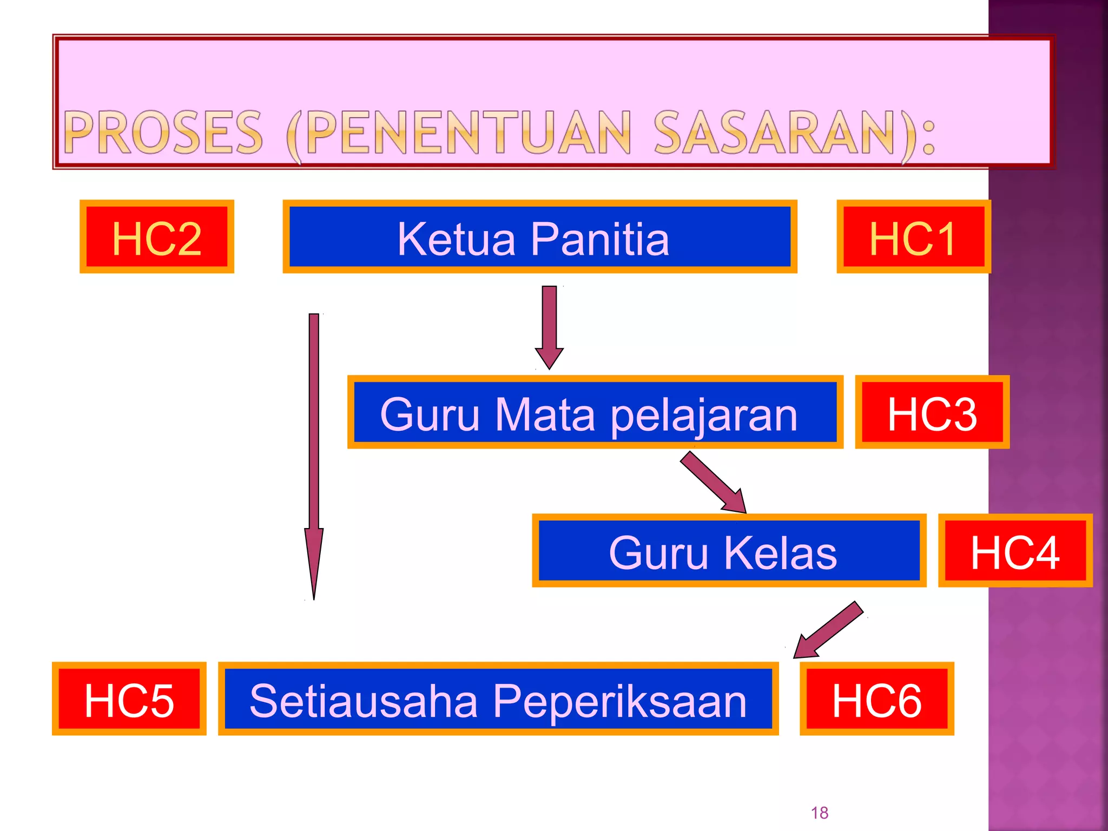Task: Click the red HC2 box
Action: [x=157, y=237]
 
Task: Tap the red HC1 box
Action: [x=913, y=237]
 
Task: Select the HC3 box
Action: [x=932, y=412]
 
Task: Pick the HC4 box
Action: [x=1015, y=551]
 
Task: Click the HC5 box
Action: [x=129, y=699]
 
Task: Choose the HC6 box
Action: [x=876, y=699]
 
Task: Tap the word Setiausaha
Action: [x=364, y=701]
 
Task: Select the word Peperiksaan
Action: [x=619, y=702]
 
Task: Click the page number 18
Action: [x=819, y=813]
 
